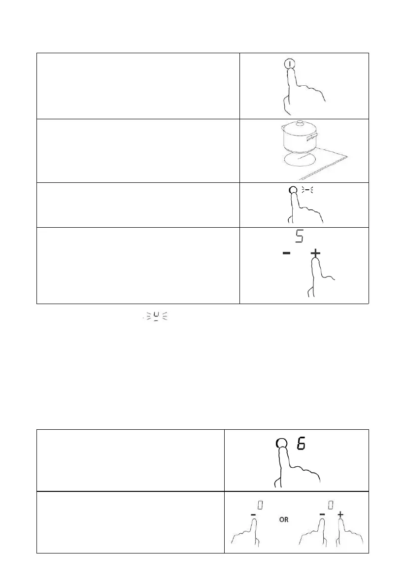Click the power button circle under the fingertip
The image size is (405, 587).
point(290,64)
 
